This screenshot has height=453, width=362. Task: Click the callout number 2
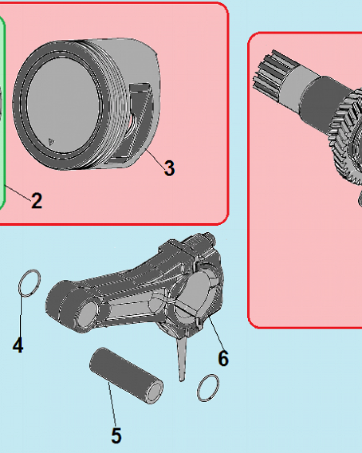(x=37, y=201)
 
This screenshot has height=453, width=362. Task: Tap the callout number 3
(x=169, y=168)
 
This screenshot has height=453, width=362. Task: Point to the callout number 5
(x=116, y=436)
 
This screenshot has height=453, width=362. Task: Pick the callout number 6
(x=224, y=358)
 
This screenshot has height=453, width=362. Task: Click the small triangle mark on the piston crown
(x=51, y=141)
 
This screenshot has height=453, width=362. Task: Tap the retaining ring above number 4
(x=29, y=283)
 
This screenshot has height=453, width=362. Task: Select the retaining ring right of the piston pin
(x=208, y=388)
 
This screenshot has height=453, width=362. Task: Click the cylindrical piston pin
(x=126, y=375)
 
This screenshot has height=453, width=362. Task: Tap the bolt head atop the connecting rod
(x=209, y=239)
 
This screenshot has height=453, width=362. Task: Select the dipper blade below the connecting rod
(x=181, y=358)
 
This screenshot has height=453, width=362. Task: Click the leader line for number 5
(x=112, y=405)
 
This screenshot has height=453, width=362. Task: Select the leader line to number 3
(x=155, y=157)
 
